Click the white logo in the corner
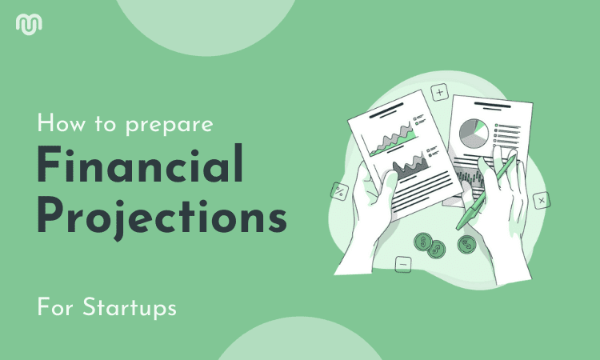[29, 24]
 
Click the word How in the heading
[62, 123]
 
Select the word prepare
[170, 126]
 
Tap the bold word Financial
[140, 164]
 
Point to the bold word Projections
[162, 218]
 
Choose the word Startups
[130, 307]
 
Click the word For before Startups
[55, 307]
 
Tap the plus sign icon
[440, 92]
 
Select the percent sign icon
[340, 191]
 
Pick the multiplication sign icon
[542, 201]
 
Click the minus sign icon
[403, 264]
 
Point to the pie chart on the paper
[474, 133]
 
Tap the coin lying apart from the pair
[467, 245]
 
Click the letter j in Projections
[120, 221]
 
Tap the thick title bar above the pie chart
[492, 104]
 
